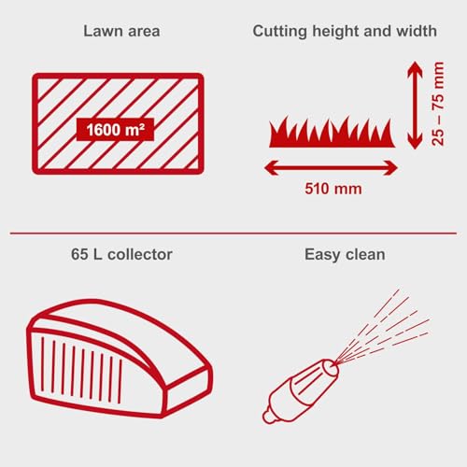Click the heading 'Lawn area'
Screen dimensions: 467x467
pos(121,31)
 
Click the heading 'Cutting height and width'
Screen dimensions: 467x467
pos(345,31)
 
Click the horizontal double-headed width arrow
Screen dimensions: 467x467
pos(331,167)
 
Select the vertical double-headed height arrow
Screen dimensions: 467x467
pos(415,105)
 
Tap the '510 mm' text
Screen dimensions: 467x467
pos(333,189)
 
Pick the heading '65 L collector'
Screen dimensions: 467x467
pos(122,253)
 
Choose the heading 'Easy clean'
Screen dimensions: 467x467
pos(345,253)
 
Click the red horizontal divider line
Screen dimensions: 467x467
pos(233,233)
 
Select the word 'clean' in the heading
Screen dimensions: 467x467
pos(365,253)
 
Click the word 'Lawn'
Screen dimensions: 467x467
pos(103,31)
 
